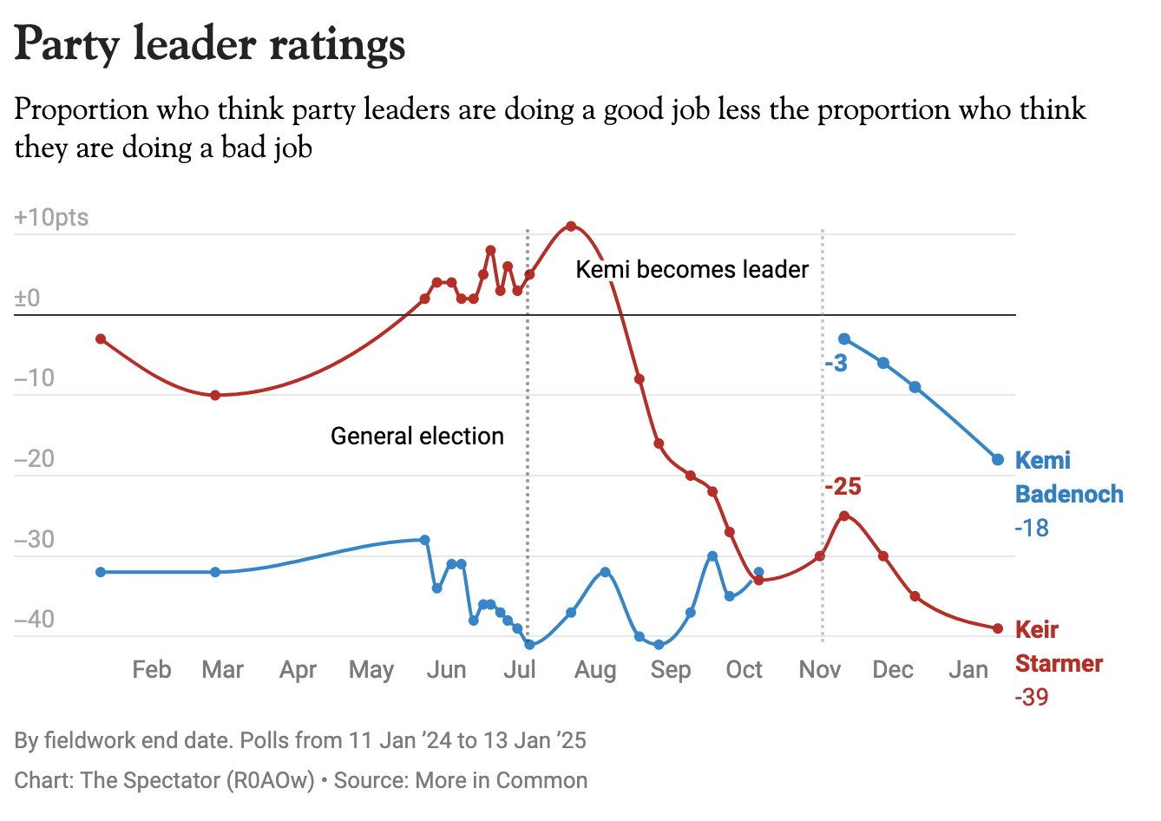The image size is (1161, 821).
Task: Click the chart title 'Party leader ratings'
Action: tap(210, 45)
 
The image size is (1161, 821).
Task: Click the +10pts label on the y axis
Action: tap(51, 217)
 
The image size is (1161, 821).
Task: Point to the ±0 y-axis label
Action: tap(28, 299)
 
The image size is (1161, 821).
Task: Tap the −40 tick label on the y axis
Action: tap(35, 620)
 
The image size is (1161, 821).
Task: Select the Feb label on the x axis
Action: tap(152, 670)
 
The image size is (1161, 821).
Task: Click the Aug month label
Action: tap(595, 670)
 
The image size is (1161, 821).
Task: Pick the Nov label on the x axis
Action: tap(820, 670)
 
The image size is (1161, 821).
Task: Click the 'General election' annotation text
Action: tap(417, 436)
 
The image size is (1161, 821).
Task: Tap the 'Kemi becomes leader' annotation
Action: tap(692, 269)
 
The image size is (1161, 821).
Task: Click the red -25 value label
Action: tap(843, 487)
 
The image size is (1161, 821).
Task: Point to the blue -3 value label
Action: tap(836, 364)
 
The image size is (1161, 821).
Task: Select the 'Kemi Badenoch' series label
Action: tap(1069, 477)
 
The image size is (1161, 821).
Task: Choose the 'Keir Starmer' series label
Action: tap(1059, 647)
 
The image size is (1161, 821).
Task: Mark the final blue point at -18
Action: tap(998, 459)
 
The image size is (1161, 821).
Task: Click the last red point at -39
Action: tap(998, 628)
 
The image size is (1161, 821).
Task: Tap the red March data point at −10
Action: tap(215, 395)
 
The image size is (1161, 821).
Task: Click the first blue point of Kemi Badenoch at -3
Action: tap(844, 338)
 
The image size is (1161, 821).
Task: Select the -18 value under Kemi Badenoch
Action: tap(1032, 528)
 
